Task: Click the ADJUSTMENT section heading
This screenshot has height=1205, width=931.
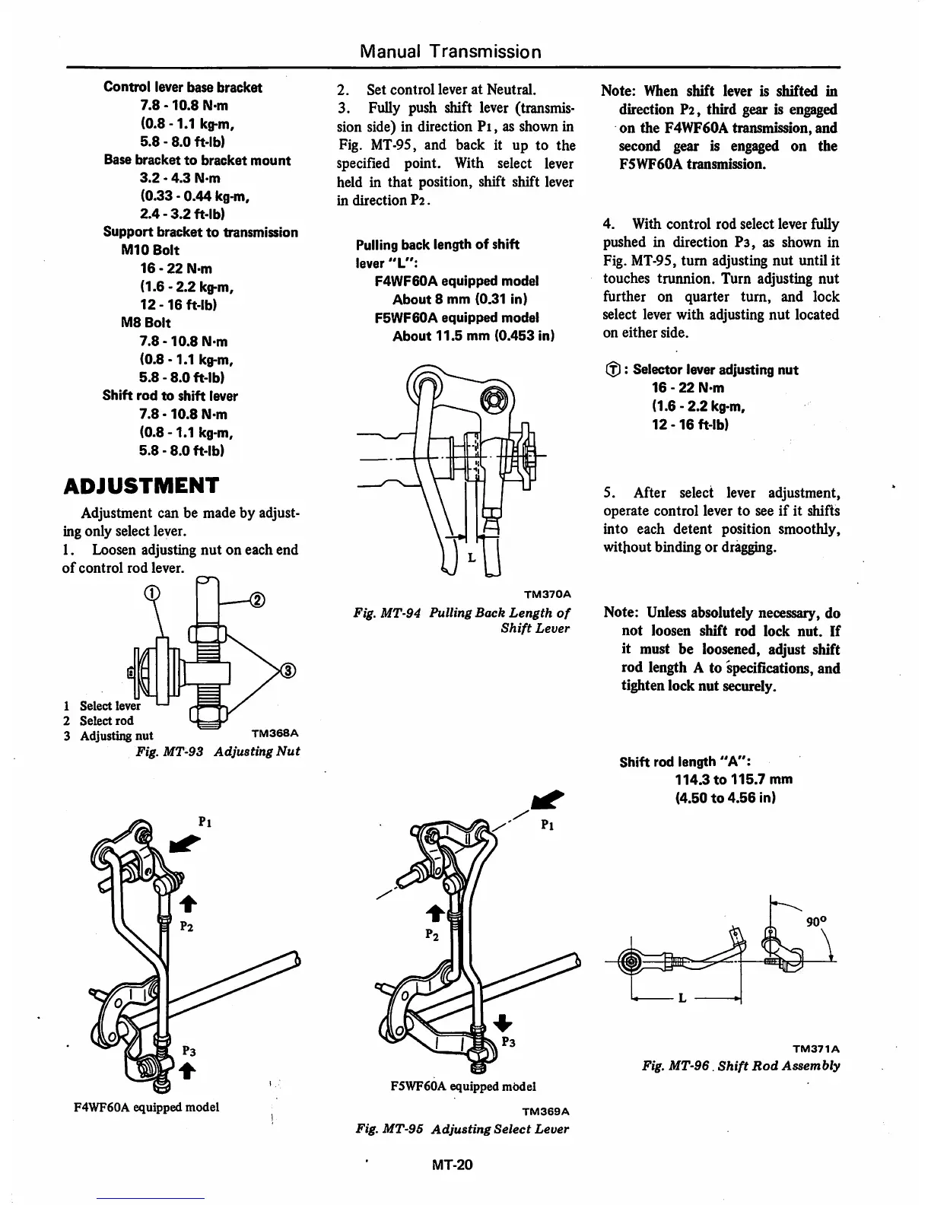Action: [141, 485]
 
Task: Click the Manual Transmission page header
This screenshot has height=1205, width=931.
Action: [451, 52]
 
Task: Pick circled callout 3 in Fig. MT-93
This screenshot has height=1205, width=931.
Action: [288, 670]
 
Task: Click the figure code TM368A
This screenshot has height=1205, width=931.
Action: [274, 734]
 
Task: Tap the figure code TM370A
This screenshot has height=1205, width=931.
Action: [547, 593]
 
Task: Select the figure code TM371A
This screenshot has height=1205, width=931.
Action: [818, 1048]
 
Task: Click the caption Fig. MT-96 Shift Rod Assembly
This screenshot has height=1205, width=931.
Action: [742, 1066]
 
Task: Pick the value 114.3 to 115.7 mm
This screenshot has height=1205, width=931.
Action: [733, 779]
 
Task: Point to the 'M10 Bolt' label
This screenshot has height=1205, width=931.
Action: [151, 250]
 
